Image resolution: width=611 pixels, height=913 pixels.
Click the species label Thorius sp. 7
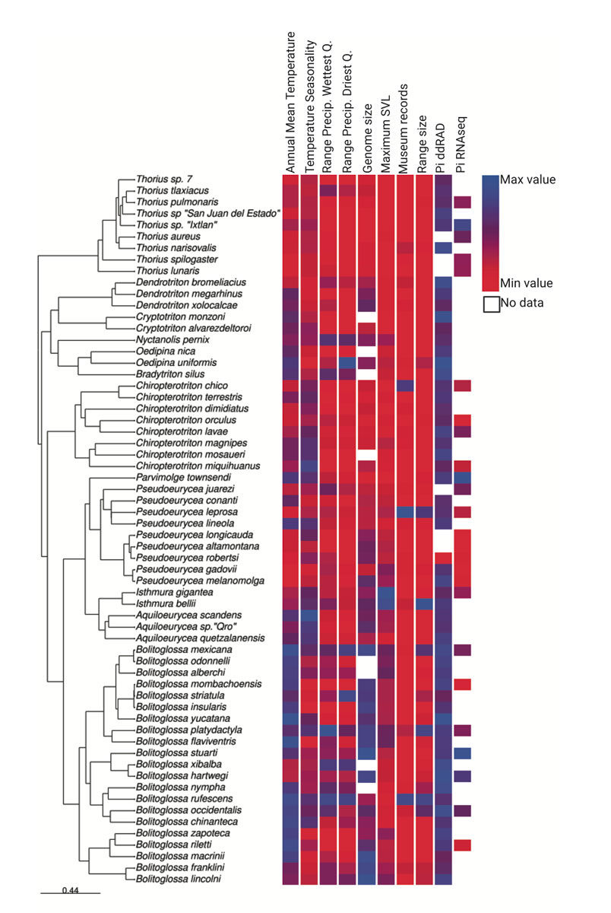click(x=164, y=179)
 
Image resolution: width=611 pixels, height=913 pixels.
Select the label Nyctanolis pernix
click(x=173, y=339)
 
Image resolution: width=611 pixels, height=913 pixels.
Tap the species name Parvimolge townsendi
click(x=183, y=477)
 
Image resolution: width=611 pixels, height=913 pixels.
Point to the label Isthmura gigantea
click(x=174, y=592)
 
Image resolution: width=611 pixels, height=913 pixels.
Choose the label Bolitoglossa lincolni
click(x=179, y=879)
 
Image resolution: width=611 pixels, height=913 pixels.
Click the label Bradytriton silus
click(x=170, y=374)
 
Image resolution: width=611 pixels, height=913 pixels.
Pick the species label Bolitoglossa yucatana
click(x=183, y=718)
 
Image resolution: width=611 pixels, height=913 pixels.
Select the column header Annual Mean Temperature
click(x=290, y=103)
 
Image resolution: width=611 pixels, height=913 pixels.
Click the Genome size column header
click(x=367, y=138)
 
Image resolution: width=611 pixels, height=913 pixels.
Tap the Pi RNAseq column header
click(x=461, y=145)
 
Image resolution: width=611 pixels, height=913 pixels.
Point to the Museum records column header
click(x=403, y=129)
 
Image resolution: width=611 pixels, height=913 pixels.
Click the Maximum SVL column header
click(x=385, y=135)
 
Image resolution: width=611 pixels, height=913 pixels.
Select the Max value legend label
click(x=527, y=180)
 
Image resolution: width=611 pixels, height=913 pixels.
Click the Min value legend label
click(x=527, y=283)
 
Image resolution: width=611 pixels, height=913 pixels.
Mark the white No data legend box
click(x=492, y=304)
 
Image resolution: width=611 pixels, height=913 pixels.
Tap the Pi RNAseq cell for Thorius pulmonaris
click(x=463, y=202)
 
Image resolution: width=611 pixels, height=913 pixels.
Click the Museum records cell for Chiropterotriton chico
click(x=406, y=386)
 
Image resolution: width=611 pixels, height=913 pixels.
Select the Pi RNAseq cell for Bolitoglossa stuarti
click(x=463, y=753)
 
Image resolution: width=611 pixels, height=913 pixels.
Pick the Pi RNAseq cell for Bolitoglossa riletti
click(x=463, y=845)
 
